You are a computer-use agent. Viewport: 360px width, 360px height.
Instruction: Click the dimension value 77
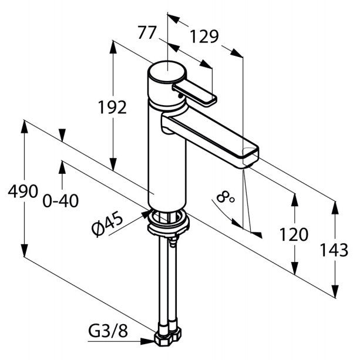pyautogui.click(x=147, y=33)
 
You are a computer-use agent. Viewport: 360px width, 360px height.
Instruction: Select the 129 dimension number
pyautogui.click(x=204, y=37)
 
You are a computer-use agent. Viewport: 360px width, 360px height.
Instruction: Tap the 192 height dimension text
pyautogui.click(x=112, y=107)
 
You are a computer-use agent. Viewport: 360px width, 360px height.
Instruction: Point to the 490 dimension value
pyautogui.click(x=23, y=191)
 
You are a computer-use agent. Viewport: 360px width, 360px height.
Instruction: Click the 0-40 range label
pyautogui.click(x=60, y=201)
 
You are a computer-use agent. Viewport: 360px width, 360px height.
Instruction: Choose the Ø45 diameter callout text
pyautogui.click(x=107, y=223)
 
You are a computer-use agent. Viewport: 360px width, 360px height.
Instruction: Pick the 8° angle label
pyautogui.click(x=225, y=197)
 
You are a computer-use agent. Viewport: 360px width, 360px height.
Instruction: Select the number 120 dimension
pyautogui.click(x=294, y=234)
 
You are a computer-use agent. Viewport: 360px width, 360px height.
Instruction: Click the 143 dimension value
pyautogui.click(x=334, y=250)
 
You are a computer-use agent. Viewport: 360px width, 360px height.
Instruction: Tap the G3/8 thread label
pyautogui.click(x=108, y=331)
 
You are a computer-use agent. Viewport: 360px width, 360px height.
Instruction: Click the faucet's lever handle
pyautogui.click(x=195, y=93)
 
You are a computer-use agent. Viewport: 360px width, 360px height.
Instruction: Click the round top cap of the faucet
pyautogui.click(x=166, y=72)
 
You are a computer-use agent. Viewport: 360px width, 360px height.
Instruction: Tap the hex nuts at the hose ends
pyautogui.click(x=167, y=336)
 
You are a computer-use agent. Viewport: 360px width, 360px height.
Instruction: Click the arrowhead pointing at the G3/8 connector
pyautogui.click(x=147, y=341)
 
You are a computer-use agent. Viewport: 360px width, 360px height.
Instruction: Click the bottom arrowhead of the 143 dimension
pyautogui.click(x=335, y=291)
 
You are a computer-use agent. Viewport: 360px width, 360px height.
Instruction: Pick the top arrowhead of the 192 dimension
pyautogui.click(x=113, y=48)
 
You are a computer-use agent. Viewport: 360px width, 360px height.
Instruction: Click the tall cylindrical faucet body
pyautogui.click(x=167, y=156)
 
